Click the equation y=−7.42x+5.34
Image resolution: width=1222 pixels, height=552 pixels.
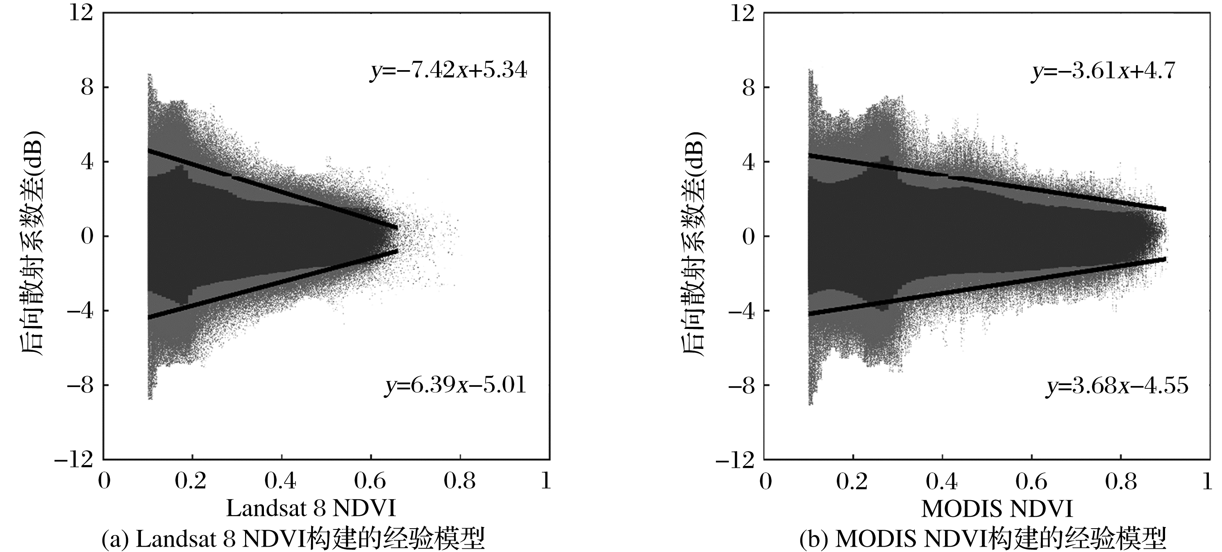tap(448, 72)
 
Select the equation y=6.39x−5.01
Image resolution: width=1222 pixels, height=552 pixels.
tap(455, 385)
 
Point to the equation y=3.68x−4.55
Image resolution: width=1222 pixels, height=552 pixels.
tap(1117, 385)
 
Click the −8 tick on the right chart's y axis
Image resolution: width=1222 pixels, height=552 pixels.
tap(741, 385)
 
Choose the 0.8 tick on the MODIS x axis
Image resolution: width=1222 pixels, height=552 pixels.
tap(1120, 482)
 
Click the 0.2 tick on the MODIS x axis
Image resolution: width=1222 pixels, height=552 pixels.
tap(852, 482)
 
